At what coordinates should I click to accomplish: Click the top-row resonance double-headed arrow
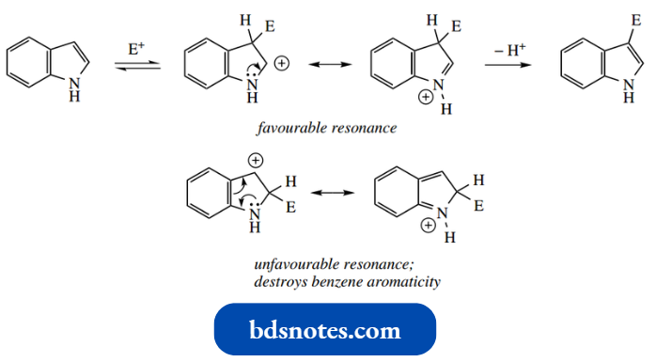click(x=321, y=64)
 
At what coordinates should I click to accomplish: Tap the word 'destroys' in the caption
click(x=279, y=281)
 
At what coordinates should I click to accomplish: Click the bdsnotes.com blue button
click(x=325, y=330)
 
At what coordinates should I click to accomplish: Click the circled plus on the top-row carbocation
click(x=284, y=63)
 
